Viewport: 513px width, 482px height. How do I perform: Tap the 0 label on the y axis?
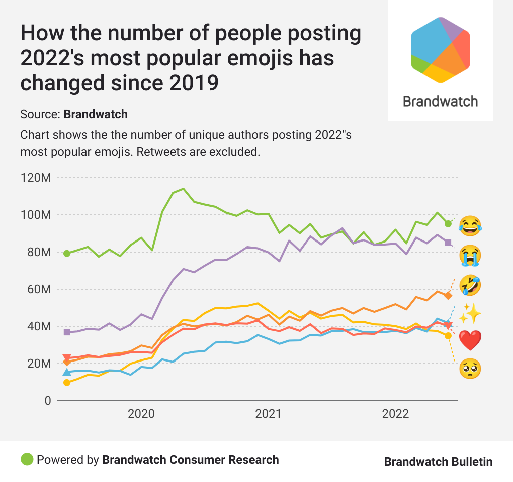(47, 401)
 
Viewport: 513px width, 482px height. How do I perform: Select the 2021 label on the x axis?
(268, 414)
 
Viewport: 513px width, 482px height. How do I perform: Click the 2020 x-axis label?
(141, 414)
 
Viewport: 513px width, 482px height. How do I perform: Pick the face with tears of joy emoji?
(470, 226)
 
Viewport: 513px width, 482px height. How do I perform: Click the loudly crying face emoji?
(470, 256)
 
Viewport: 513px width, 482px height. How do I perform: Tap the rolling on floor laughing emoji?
(470, 285)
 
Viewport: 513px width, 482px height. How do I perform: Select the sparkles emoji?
(470, 314)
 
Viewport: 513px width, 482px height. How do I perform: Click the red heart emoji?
(470, 341)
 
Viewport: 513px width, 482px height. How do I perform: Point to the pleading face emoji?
(470, 370)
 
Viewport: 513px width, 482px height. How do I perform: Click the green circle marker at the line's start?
(67, 253)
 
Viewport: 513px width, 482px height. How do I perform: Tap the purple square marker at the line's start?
(67, 332)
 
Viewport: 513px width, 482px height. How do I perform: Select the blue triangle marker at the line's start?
(67, 372)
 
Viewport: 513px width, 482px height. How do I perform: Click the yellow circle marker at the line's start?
(67, 383)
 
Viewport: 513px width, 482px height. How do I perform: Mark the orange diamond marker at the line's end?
(448, 295)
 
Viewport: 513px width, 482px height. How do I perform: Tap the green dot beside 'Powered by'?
(27, 459)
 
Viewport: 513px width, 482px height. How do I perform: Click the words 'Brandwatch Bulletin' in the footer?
(438, 462)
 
